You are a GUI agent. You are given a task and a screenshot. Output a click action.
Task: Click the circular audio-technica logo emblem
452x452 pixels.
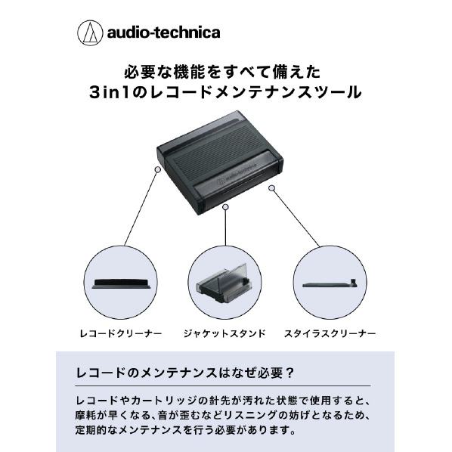(90, 33)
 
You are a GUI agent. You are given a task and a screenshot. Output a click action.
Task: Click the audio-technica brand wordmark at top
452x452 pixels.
(164, 33)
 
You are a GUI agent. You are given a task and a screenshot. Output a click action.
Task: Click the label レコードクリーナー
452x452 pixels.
(121, 334)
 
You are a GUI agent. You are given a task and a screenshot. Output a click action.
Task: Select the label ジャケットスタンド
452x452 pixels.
(224, 334)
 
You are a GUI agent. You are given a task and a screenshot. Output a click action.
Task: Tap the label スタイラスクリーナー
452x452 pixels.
(330, 334)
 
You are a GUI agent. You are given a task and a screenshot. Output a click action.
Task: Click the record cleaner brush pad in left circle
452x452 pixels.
(121, 283)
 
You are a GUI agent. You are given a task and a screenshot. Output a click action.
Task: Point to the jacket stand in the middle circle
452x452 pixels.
(224, 284)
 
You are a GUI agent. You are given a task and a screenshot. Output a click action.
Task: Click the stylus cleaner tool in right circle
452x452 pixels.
(330, 283)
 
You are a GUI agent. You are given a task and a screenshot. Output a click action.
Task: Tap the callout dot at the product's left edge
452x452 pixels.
(158, 169)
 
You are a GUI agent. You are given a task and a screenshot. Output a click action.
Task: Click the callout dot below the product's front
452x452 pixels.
(226, 206)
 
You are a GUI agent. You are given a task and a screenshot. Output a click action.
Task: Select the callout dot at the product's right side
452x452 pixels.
(271, 188)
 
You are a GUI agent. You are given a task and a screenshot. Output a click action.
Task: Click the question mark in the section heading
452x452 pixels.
(290, 373)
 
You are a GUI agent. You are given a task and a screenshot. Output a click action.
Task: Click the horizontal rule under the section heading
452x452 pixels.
(223, 385)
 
